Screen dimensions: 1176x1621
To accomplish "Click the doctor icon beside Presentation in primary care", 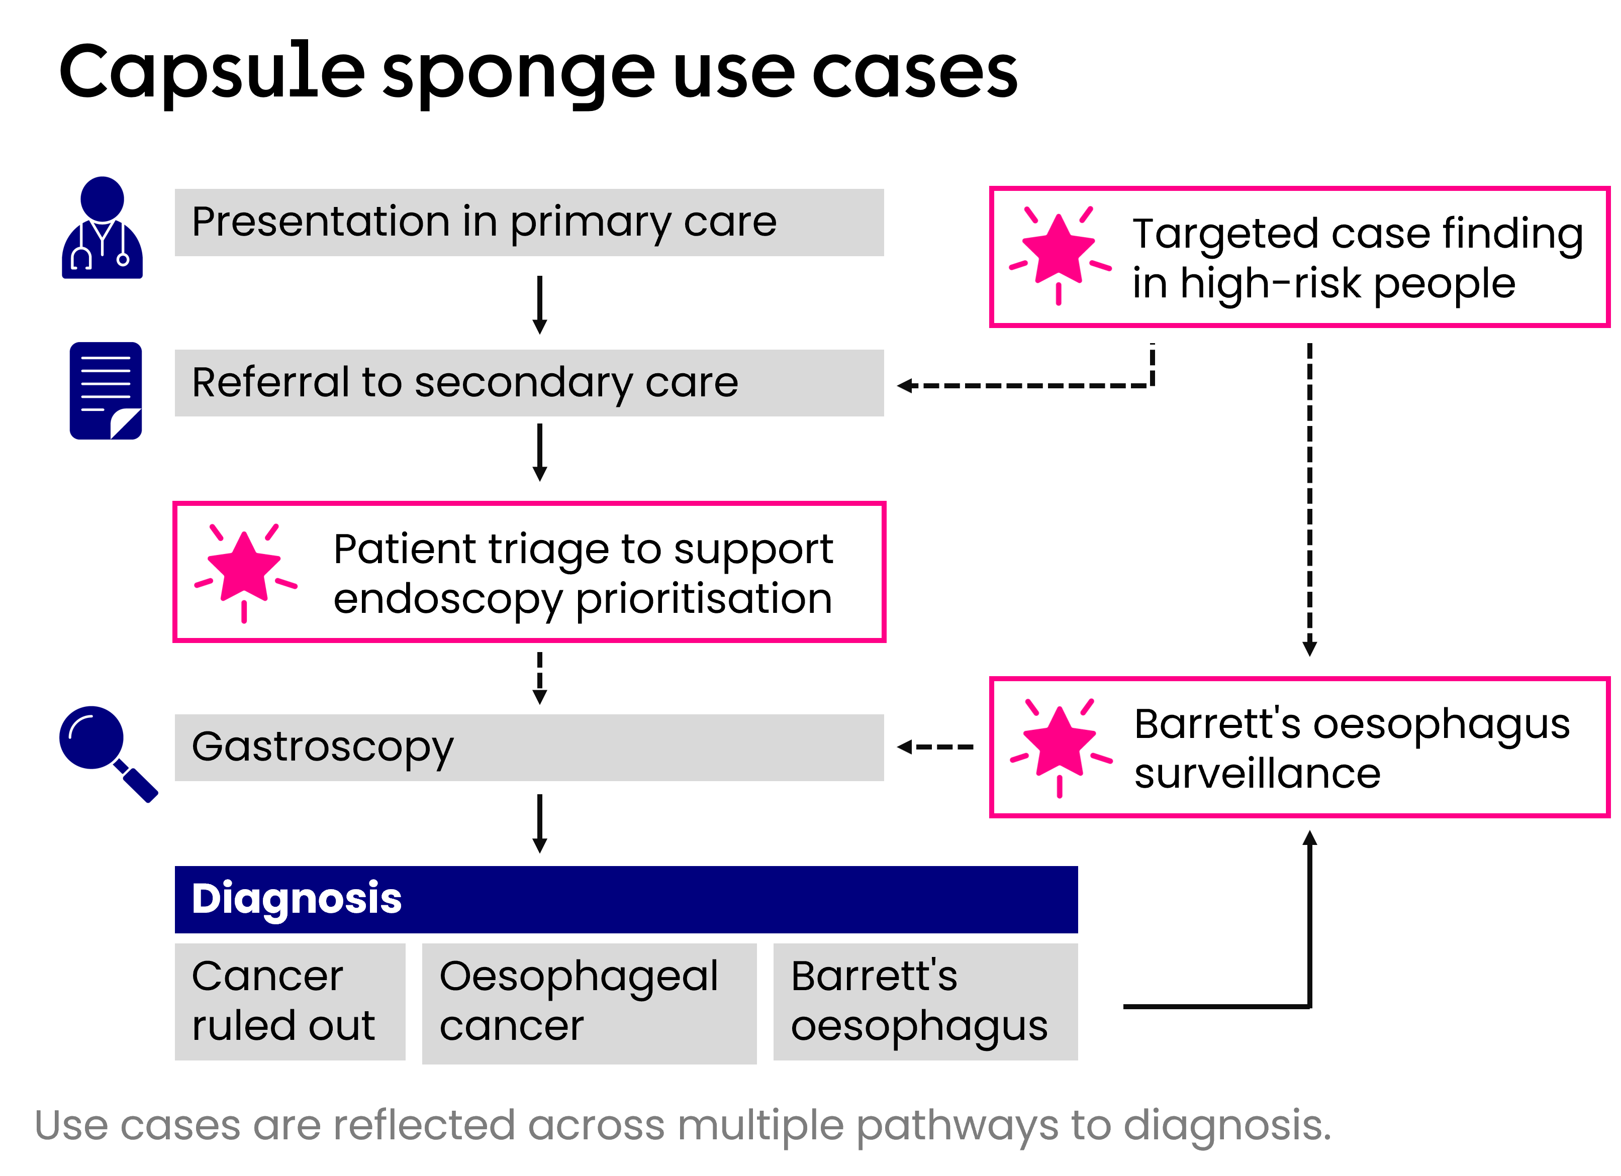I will point(102,229).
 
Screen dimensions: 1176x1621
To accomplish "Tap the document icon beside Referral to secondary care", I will point(106,391).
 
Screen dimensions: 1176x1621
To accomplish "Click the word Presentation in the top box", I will point(320,222).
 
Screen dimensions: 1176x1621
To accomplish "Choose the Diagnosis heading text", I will point(297,898).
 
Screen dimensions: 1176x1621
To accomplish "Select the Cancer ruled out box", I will point(290,1001).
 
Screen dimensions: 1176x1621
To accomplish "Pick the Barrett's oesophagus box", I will point(925,1001).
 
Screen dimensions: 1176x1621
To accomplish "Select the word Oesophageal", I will point(578,977).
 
